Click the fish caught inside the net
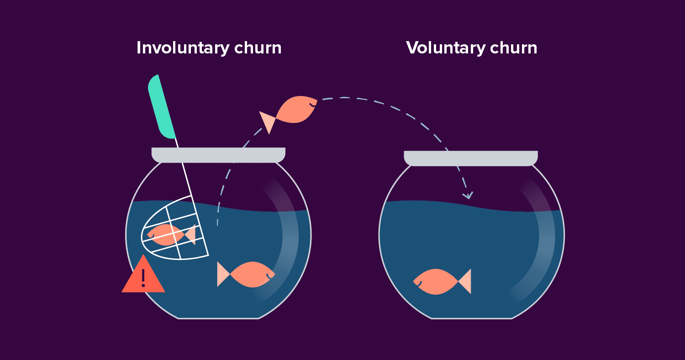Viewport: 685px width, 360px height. pos(166,234)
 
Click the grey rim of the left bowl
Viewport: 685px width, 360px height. pos(218,155)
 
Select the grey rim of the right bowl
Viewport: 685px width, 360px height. pos(470,158)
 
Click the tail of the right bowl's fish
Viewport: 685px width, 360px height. pos(465,281)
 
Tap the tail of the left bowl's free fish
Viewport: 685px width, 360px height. pos(223,274)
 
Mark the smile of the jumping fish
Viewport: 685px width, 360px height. pos(312,105)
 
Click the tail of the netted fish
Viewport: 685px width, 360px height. pos(190,234)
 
